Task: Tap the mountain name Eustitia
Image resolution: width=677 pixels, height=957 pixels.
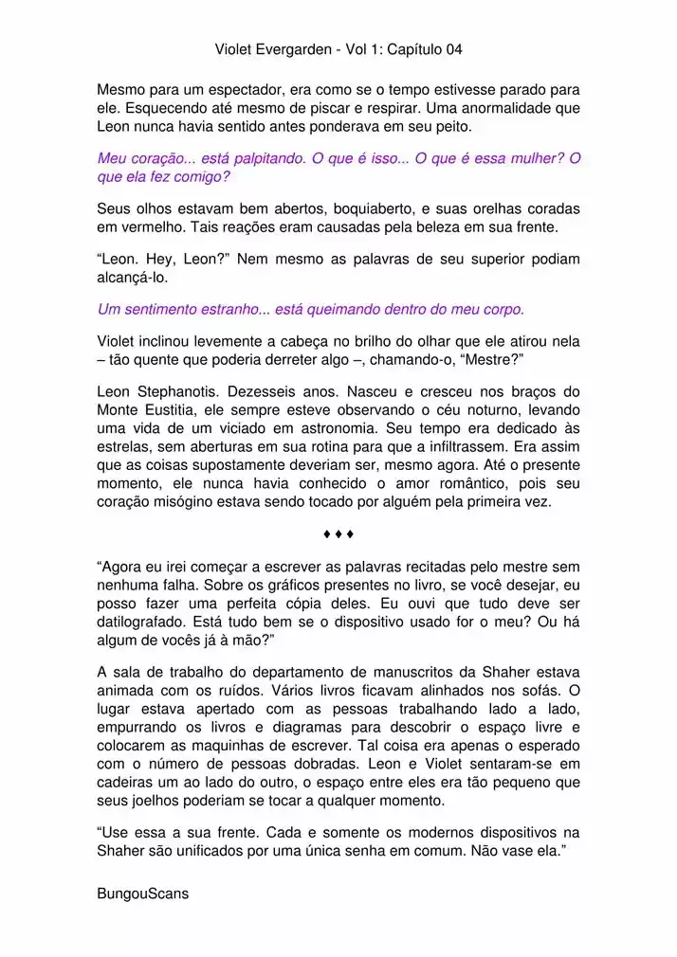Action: click(x=174, y=410)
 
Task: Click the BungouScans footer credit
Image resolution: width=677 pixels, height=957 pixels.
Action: click(x=143, y=893)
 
